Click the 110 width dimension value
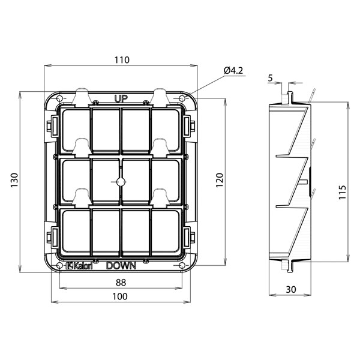[x=122, y=60]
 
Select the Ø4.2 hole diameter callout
[x=233, y=70]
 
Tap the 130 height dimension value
[x=14, y=180]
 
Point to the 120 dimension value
[x=220, y=180]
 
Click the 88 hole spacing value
[x=121, y=283]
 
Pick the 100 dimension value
[x=120, y=296]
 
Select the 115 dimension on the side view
[x=342, y=192]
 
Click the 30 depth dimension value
[x=290, y=290]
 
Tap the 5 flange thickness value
[x=270, y=78]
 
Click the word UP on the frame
[x=121, y=99]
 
